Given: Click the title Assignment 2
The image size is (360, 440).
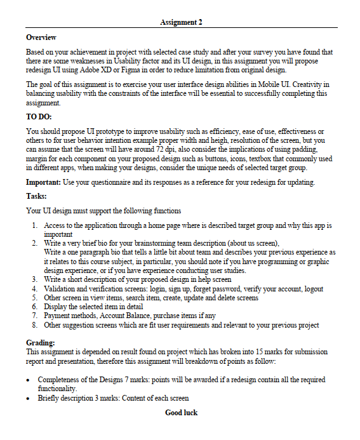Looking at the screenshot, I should tap(181, 22).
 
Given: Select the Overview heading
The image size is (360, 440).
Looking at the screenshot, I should tap(41, 38).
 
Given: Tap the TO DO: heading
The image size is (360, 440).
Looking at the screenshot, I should tap(39, 117).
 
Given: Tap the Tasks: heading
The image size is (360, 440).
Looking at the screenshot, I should tap(36, 196).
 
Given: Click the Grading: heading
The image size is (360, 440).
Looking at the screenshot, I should tap(41, 343).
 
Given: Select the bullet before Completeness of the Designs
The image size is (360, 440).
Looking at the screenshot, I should tap(29, 380).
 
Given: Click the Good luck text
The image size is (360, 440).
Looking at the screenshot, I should tap(181, 413).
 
